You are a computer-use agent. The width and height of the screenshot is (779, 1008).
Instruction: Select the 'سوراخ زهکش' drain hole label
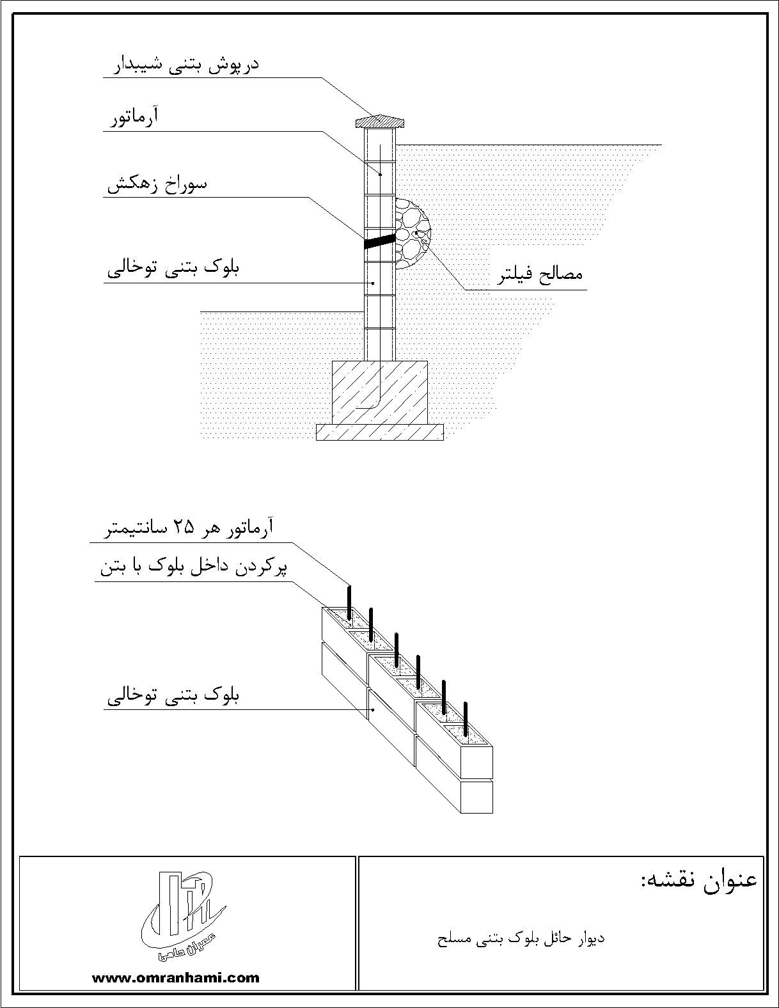tap(157, 184)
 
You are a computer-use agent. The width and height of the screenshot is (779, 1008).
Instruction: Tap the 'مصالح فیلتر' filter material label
tap(540, 274)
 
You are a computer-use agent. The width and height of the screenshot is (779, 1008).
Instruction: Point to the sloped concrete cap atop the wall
tap(380, 122)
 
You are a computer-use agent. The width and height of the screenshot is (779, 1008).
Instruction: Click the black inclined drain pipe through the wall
tap(380, 241)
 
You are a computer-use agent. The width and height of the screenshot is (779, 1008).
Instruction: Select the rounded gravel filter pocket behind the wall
tap(413, 233)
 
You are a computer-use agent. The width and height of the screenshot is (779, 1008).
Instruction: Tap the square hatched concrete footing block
tap(380, 393)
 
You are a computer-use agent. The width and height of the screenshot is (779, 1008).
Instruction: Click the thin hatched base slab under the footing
tap(380, 432)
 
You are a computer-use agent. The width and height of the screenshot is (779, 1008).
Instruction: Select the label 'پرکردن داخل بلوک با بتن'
tap(193, 569)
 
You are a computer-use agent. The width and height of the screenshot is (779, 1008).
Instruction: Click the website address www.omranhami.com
tap(176, 978)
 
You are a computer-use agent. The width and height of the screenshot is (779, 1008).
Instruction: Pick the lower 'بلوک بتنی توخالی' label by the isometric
tap(173, 696)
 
